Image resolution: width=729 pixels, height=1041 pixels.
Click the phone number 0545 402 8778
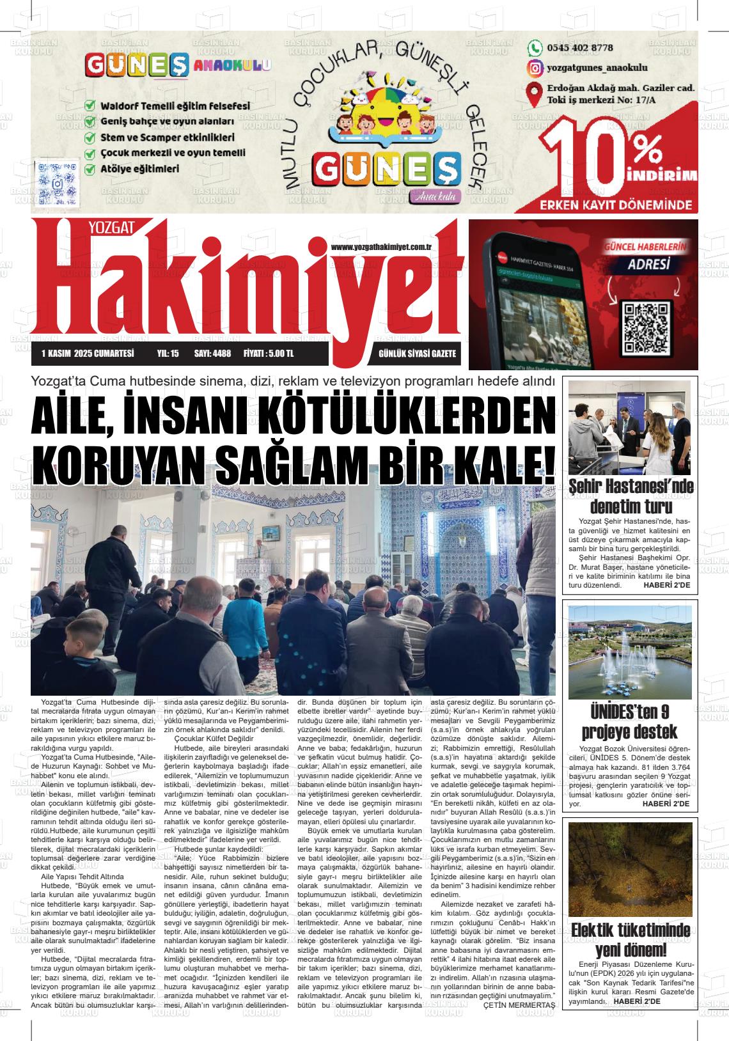pos(580,48)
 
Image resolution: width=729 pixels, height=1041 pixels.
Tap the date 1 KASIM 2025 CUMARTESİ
pos(87,354)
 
